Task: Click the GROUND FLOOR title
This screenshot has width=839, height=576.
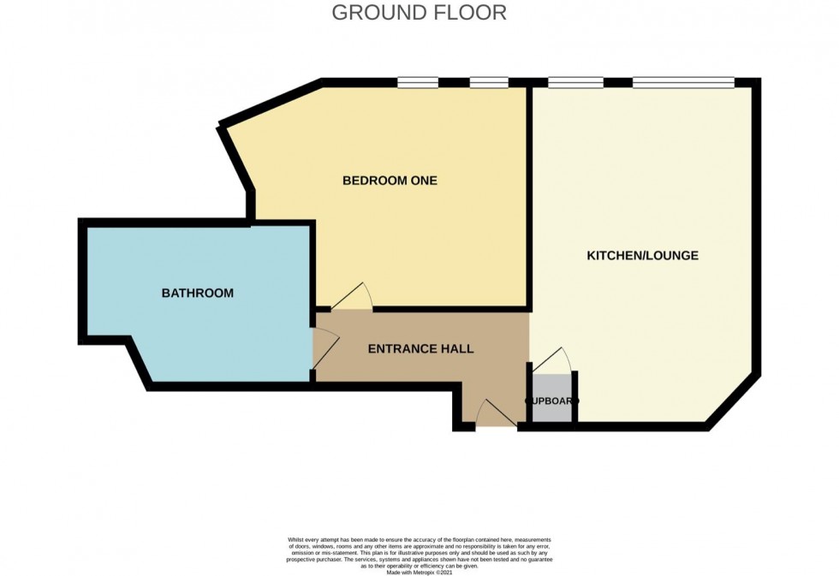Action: click(x=419, y=13)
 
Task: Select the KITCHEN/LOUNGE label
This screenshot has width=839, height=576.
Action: click(x=642, y=256)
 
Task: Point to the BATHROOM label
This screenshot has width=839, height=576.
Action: click(x=198, y=294)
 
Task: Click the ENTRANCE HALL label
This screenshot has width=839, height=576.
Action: click(x=420, y=349)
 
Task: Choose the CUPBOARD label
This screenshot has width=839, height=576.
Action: click(x=551, y=401)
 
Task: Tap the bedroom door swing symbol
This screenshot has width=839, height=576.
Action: click(x=352, y=297)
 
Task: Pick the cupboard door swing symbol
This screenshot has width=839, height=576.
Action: click(x=552, y=359)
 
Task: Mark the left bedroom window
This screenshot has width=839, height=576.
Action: click(x=419, y=83)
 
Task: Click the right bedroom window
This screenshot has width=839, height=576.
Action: click(x=489, y=83)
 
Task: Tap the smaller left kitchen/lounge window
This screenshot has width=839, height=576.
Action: click(x=575, y=83)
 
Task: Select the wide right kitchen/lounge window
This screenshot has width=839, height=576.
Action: click(x=683, y=83)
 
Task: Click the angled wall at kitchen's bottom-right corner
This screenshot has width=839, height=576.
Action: click(x=733, y=400)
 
